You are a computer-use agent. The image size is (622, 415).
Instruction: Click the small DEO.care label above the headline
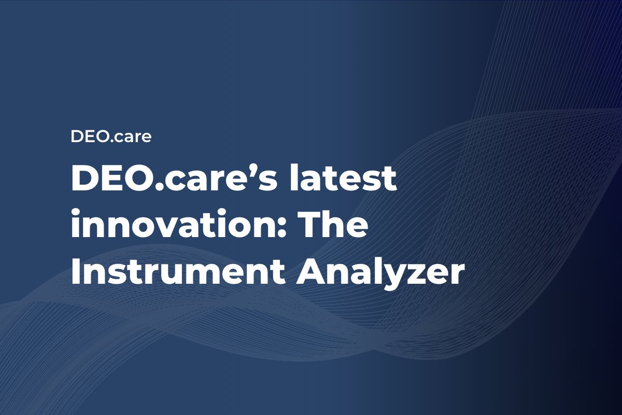pos(111,137)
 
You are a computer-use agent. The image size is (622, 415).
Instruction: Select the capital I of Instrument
pos(76,273)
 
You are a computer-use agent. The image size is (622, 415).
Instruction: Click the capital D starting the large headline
pos(85,180)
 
